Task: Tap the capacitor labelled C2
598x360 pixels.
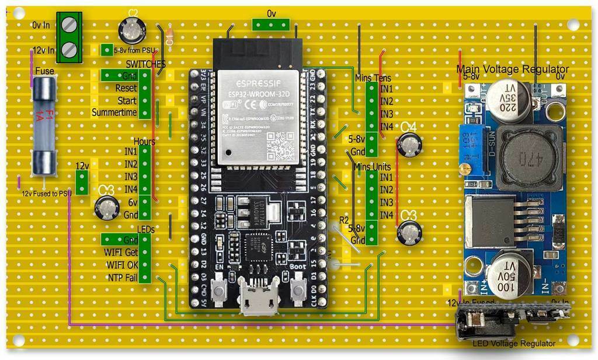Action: coord(133,29)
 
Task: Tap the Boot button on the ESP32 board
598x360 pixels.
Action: coord(298,288)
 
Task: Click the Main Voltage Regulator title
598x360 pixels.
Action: coord(512,69)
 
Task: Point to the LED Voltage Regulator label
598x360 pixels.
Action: coord(514,344)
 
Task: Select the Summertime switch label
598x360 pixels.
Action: coord(114,112)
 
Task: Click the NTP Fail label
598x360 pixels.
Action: coord(122,278)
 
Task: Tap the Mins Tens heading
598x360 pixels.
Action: coord(373,77)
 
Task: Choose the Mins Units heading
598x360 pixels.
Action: coord(373,167)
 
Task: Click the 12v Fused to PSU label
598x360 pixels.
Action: coord(46,192)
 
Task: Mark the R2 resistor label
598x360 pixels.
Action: coord(345,220)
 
